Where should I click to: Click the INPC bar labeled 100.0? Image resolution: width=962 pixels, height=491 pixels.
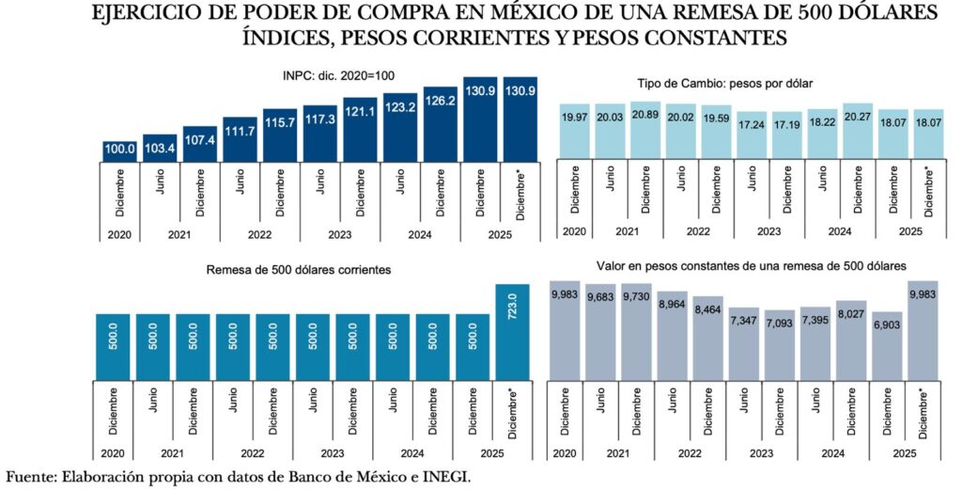click(x=119, y=150)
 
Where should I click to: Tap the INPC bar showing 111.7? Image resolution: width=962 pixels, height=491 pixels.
click(x=240, y=139)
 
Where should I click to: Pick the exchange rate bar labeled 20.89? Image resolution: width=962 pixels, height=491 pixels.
click(x=645, y=129)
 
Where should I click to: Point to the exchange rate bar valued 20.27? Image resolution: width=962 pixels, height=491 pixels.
click(x=858, y=130)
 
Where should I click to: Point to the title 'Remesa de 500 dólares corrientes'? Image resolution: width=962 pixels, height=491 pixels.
click(x=298, y=270)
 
